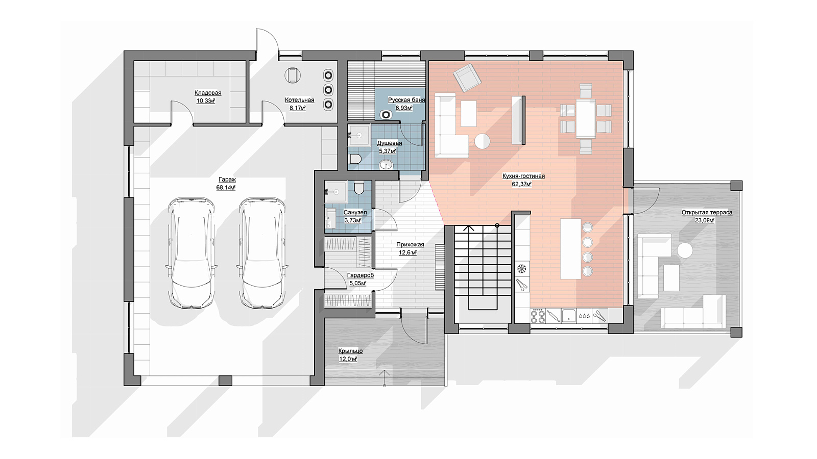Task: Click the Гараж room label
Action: tap(227, 180)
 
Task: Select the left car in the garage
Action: tap(191, 253)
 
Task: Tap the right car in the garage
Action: tap(262, 253)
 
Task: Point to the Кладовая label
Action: tap(207, 93)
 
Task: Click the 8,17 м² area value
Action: tap(297, 108)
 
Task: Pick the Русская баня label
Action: tap(406, 100)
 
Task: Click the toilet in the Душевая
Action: tap(355, 159)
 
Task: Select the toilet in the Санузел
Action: tap(359, 188)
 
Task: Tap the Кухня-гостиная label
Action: tap(523, 176)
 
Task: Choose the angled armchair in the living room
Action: tap(467, 77)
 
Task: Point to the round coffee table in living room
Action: tap(482, 141)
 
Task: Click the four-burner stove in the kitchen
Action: tap(538, 316)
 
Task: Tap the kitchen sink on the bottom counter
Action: tap(569, 316)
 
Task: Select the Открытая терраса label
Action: tap(707, 212)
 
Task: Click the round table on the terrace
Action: tap(685, 250)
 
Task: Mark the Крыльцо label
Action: tap(350, 351)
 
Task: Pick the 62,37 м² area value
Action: tap(521, 184)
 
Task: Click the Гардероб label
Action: tap(361, 275)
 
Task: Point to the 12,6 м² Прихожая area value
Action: tap(408, 252)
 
